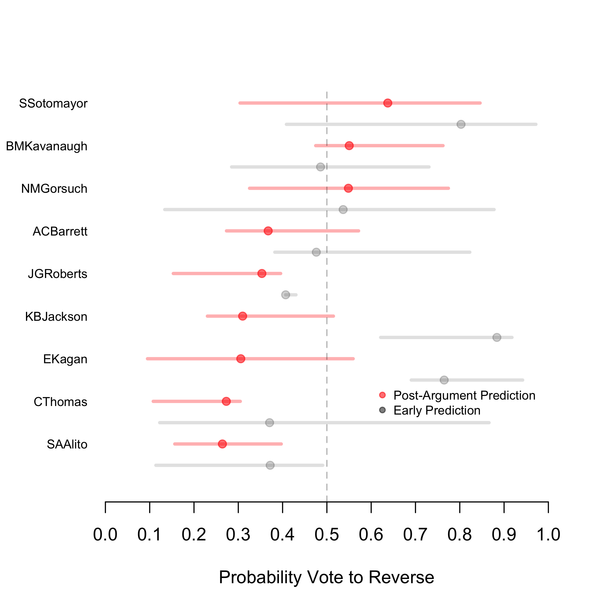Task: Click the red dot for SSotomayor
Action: point(388,103)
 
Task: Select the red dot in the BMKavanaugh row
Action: point(349,145)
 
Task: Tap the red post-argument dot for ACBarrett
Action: point(268,231)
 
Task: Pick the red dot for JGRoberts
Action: point(262,273)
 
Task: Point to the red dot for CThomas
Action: point(226,401)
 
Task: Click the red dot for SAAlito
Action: point(222,444)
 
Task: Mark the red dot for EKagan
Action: point(241,359)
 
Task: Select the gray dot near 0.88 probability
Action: point(497,338)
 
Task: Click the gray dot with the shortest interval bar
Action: point(286,295)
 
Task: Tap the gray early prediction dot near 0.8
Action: point(461,124)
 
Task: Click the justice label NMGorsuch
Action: point(54,189)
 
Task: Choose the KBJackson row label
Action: point(56,316)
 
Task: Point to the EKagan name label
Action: point(65,359)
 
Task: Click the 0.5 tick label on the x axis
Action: point(327,534)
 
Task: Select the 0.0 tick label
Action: point(105,534)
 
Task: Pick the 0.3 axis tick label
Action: point(238,534)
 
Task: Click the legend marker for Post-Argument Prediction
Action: point(382,395)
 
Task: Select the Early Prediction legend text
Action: point(437,411)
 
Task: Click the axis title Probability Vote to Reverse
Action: point(326,577)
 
